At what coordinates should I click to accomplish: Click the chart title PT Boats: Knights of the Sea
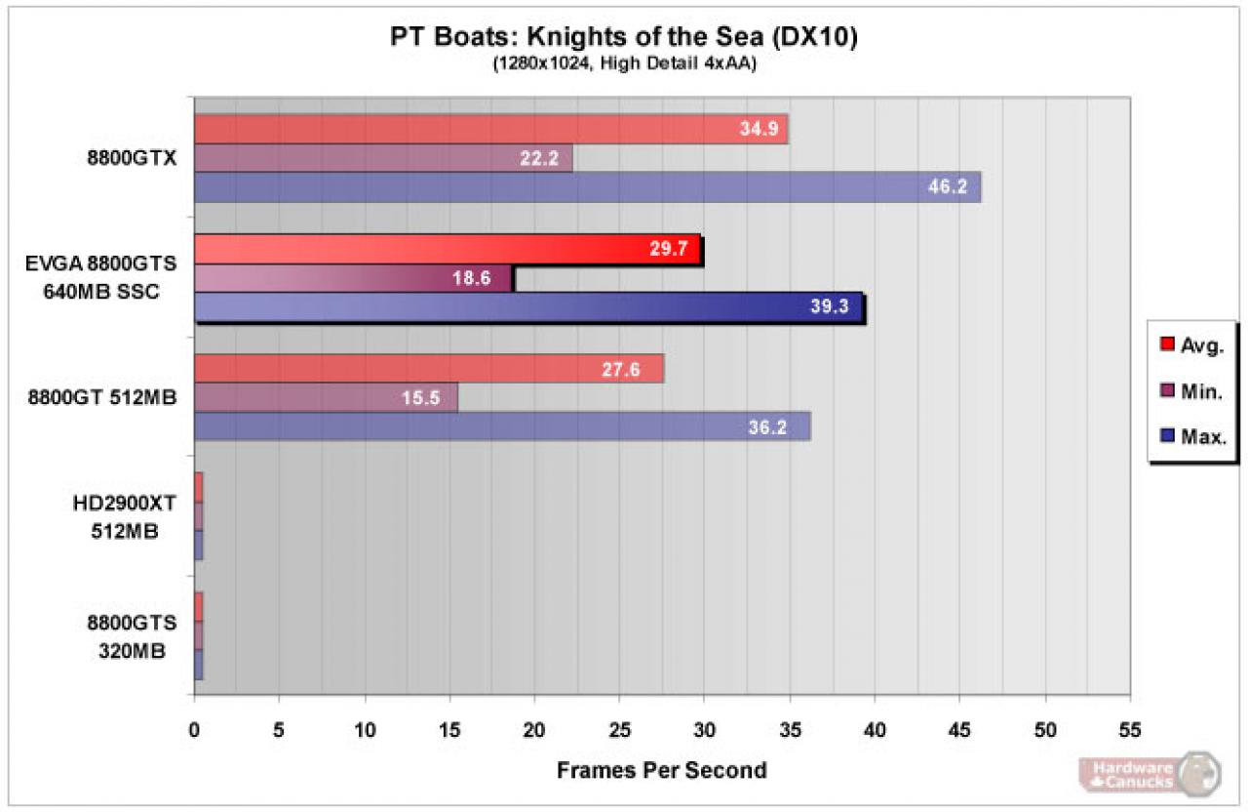click(623, 37)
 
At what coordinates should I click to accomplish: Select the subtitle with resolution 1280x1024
click(625, 63)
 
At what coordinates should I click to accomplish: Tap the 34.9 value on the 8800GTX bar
click(759, 129)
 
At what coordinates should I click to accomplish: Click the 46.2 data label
click(947, 186)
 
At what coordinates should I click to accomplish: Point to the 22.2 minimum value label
click(539, 158)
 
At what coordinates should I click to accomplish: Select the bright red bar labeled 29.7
click(448, 249)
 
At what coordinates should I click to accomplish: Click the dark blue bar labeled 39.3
click(528, 306)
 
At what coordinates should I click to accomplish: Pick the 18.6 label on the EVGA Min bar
click(471, 278)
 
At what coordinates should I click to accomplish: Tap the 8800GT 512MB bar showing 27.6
click(429, 369)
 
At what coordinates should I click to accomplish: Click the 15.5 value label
click(420, 398)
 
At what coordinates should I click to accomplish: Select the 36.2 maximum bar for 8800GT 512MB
click(502, 426)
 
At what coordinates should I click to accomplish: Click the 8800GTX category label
click(132, 158)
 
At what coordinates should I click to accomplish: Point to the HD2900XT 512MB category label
click(124, 517)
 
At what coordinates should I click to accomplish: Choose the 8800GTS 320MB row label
click(132, 637)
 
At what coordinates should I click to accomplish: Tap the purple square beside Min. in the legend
click(1167, 390)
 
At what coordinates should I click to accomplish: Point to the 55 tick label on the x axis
click(1129, 729)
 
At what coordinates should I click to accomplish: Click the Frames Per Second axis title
click(662, 770)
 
